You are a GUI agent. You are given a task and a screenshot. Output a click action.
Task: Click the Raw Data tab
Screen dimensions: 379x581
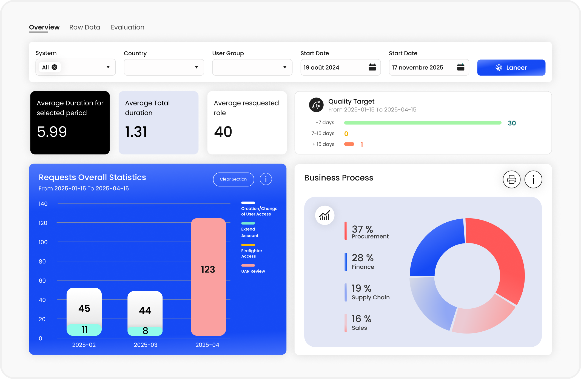tap(85, 27)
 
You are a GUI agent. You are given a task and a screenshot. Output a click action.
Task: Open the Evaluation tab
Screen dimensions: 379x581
tap(127, 27)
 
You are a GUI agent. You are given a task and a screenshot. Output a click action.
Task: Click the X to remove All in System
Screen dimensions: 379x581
tap(55, 67)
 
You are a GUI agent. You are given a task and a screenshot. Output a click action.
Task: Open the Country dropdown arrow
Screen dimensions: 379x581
tap(196, 67)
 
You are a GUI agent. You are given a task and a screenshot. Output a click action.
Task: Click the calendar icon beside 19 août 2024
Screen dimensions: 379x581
tap(372, 67)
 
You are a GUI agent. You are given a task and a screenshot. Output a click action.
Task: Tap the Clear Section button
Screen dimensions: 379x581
tap(233, 179)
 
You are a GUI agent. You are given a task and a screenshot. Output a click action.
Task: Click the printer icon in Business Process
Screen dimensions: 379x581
tap(511, 180)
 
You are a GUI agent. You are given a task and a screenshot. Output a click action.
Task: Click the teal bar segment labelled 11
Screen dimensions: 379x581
tap(84, 330)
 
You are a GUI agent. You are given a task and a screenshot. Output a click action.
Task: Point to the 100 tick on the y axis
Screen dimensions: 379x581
tap(43, 242)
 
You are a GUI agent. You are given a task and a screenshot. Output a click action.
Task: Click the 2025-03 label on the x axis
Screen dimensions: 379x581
tap(146, 345)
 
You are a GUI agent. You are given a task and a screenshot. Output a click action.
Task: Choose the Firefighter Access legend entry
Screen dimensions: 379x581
tap(252, 253)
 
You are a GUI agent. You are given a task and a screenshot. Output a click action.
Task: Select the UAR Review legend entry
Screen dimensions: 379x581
tap(253, 271)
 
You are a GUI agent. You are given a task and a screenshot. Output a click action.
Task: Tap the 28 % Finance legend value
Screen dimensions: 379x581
tap(363, 258)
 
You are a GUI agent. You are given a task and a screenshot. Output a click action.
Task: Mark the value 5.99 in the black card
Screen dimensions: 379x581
tap(52, 132)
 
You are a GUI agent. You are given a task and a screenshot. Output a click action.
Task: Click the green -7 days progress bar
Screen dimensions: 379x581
tap(423, 123)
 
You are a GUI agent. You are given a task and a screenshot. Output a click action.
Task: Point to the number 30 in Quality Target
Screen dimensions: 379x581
tap(512, 123)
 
